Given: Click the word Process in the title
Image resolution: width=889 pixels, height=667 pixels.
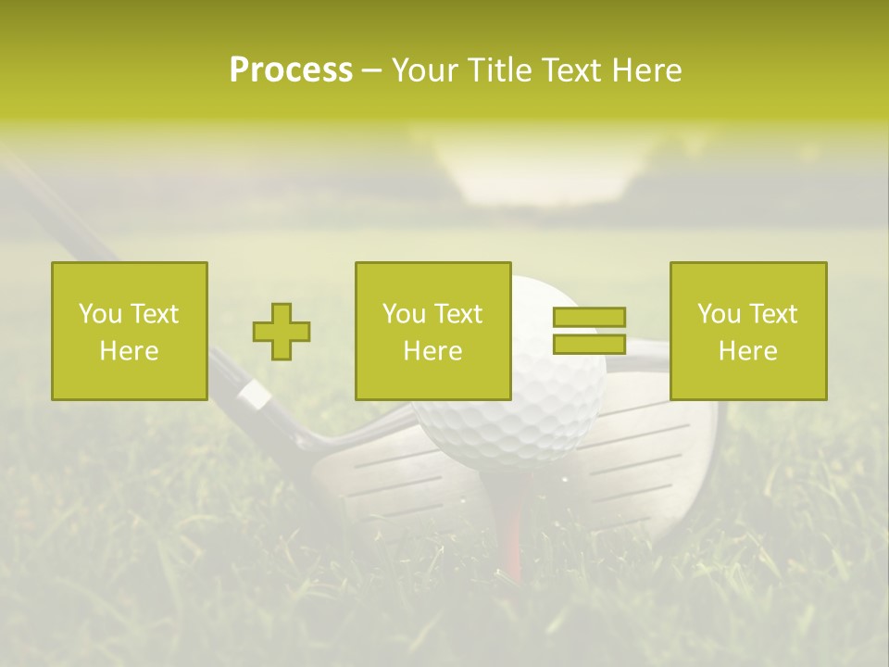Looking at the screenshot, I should (291, 70).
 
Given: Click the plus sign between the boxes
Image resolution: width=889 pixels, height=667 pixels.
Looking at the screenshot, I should (282, 332).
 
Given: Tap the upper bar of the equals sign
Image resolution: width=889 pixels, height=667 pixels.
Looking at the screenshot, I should (589, 318).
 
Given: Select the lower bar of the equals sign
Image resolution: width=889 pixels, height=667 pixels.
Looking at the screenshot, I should (589, 344).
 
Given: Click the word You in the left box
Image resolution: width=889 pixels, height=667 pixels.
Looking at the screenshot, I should (99, 314).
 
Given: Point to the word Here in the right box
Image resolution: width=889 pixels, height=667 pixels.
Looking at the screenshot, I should (748, 351).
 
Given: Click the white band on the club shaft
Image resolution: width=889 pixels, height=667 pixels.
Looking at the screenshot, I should (254, 396).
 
